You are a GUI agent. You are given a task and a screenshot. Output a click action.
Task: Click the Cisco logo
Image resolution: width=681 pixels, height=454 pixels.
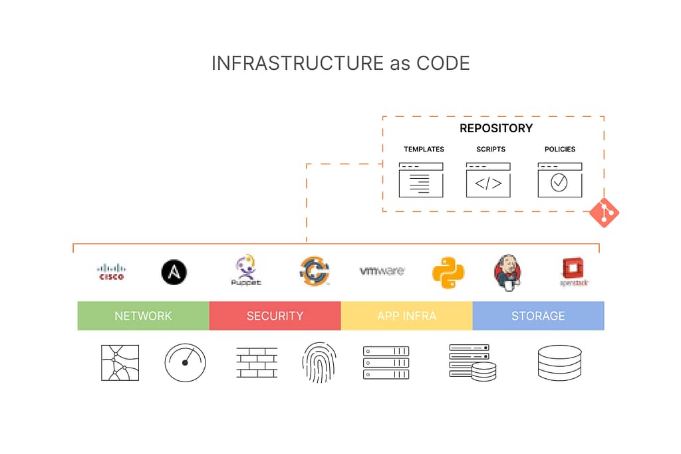point(111,272)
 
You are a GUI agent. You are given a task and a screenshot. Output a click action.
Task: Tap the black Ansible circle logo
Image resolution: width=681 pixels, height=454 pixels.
point(174,272)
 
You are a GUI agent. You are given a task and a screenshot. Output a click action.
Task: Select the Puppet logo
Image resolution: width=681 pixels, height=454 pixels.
point(246,271)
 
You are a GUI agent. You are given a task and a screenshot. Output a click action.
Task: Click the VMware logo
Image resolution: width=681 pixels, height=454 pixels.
point(382,271)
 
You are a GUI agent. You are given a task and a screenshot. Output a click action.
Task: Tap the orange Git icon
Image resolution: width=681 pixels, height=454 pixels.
point(604,213)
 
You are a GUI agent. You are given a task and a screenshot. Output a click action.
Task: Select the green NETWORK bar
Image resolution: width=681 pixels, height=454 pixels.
point(143,316)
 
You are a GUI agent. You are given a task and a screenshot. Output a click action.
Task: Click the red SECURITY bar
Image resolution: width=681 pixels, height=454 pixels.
point(275,316)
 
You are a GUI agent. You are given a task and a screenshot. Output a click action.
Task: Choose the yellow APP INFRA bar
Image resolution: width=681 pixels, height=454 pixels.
point(406,316)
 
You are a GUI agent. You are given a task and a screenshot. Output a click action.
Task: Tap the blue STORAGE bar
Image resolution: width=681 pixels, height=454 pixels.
point(538,316)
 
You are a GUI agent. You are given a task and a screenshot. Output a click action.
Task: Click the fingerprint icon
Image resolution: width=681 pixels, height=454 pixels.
point(319,362)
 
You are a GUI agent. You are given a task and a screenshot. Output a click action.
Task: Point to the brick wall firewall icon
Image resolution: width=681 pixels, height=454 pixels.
point(257,363)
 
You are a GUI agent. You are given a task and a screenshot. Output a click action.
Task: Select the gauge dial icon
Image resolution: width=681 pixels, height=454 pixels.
point(186,362)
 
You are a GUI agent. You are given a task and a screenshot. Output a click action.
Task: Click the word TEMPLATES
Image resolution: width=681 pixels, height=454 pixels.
point(424,150)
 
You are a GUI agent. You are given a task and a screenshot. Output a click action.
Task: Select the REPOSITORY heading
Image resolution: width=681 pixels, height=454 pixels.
point(496,128)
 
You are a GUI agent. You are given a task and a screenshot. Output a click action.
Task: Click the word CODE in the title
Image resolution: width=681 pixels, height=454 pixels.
point(443,63)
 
